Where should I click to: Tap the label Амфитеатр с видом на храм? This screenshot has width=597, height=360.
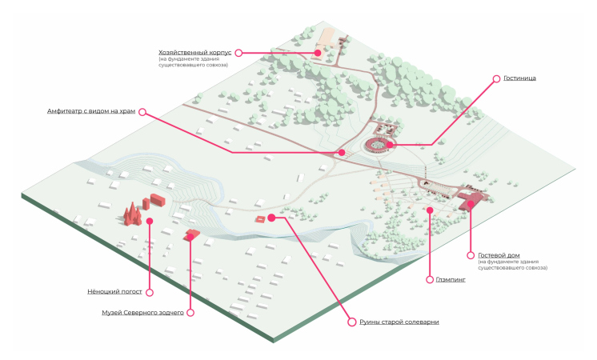pos(91,111)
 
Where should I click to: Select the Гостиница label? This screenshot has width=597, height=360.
pos(519,78)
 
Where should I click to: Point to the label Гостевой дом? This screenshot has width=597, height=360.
pos(499,255)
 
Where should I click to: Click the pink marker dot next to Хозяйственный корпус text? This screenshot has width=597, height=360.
pos(238,53)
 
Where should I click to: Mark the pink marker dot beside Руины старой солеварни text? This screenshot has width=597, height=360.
pos(350,322)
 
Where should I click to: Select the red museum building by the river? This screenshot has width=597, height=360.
pos(191,234)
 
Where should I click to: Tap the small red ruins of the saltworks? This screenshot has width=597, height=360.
pos(260,218)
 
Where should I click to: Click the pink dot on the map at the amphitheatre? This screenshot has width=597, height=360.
pos(341,152)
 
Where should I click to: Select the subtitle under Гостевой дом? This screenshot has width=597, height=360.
pos(512,264)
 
